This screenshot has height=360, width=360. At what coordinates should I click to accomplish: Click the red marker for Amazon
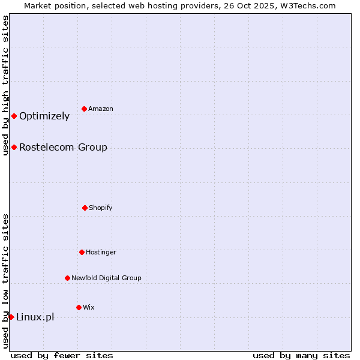pos(85,109)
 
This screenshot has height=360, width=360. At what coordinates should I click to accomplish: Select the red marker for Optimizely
pos(14,116)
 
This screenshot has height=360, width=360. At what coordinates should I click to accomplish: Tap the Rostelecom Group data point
pos(14,147)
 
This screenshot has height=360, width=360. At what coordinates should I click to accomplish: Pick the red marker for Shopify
pos(85,208)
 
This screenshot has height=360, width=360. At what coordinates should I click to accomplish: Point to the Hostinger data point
pos(82,252)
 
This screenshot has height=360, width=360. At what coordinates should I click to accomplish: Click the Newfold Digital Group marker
pos(67,278)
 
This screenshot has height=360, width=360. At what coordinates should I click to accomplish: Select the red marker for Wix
pos(79,307)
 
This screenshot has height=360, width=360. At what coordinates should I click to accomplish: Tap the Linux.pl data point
pos(11,317)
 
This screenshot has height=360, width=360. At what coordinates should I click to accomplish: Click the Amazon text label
pos(101,109)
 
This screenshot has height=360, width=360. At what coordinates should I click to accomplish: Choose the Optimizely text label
pos(44,116)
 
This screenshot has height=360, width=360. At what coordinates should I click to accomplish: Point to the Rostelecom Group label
pos(63,148)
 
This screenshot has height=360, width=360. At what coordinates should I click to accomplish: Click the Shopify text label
pos(101,208)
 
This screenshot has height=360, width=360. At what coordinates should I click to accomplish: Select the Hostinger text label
pos(101,252)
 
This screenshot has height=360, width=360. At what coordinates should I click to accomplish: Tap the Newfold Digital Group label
pos(106,278)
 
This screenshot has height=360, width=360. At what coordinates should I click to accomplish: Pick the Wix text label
pos(89,307)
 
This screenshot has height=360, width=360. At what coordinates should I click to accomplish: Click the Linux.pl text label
pos(35,317)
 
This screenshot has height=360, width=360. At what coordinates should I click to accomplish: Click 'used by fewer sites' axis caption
pos(62,355)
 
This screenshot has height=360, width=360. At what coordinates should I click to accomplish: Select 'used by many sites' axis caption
pos(301,355)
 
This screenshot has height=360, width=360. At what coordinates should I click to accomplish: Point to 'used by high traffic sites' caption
pos(5,85)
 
